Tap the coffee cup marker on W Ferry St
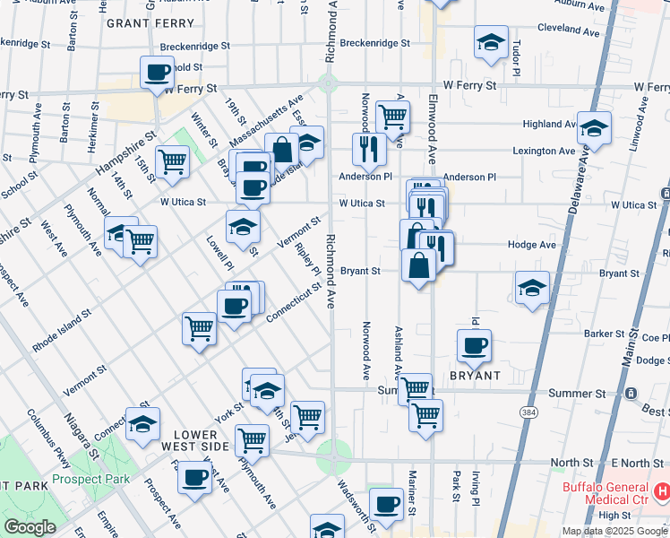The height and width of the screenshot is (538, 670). (x=158, y=72)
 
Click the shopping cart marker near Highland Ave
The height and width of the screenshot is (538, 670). (x=392, y=115)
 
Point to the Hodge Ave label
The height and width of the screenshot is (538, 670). (x=531, y=245)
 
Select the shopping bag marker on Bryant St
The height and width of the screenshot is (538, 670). (x=418, y=265)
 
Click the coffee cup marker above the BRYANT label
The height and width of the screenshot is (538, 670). (x=474, y=344)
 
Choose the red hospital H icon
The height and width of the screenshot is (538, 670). (x=662, y=490)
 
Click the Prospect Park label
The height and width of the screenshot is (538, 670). (x=90, y=479)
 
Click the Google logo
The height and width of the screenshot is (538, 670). (x=30, y=527)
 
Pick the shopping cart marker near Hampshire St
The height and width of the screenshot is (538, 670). (x=171, y=161)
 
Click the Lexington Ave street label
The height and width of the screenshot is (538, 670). (x=544, y=151)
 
